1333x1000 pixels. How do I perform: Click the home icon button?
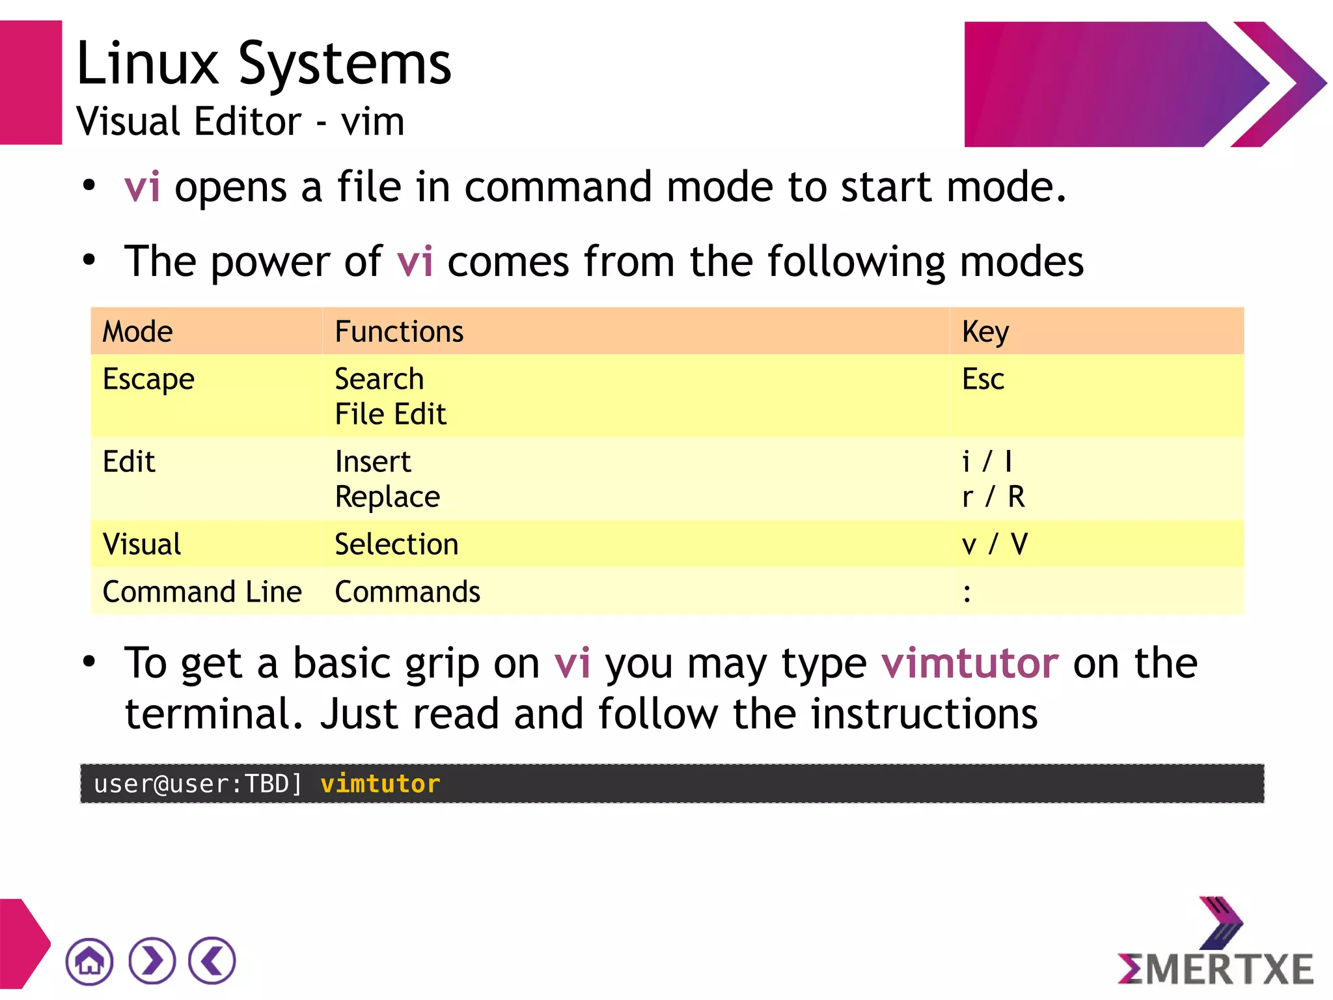(x=89, y=961)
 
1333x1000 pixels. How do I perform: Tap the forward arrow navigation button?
(x=152, y=961)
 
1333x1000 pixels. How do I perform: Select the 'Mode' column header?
(x=138, y=331)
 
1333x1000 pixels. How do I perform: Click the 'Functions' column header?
(x=399, y=331)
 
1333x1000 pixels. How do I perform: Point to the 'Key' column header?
(x=985, y=331)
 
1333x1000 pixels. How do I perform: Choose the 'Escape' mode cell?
(x=148, y=380)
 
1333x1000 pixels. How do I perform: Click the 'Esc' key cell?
(x=983, y=380)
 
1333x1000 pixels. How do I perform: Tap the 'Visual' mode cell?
(x=142, y=544)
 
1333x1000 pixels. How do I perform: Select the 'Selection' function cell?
(x=396, y=544)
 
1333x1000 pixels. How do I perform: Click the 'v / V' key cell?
(x=995, y=544)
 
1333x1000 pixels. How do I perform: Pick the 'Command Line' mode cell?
(x=202, y=592)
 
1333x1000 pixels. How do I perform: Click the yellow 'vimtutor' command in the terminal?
(x=380, y=784)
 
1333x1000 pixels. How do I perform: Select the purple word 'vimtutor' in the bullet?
(x=970, y=663)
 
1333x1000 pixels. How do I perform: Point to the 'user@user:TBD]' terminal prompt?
(x=198, y=784)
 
